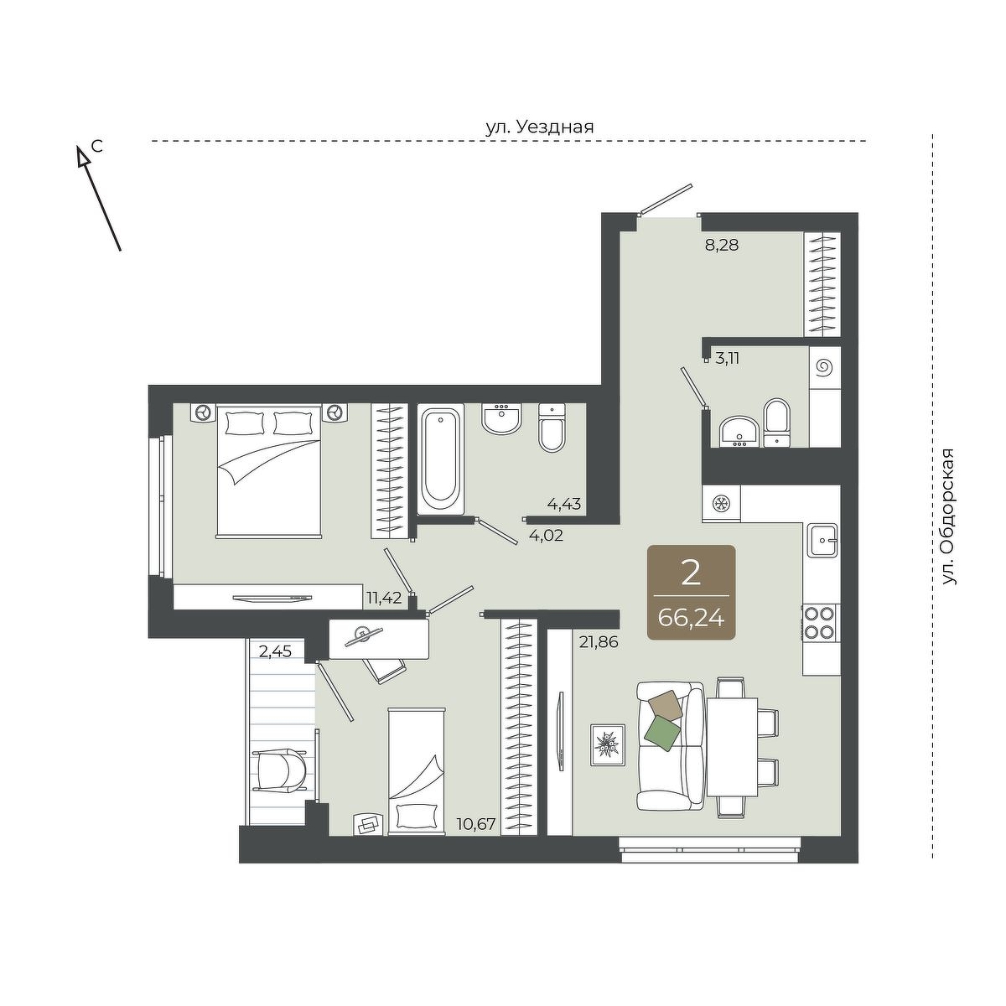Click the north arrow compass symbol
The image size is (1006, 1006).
tap(99, 198)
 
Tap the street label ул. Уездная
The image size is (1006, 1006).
tap(539, 127)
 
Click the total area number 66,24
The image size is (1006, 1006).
tap(691, 620)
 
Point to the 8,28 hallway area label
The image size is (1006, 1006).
tap(722, 245)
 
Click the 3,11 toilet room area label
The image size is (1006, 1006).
tap(727, 358)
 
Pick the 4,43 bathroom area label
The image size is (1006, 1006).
tap(564, 505)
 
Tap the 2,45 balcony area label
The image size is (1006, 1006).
tap(275, 651)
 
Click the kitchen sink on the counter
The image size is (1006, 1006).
tap(822, 541)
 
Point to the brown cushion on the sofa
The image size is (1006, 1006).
tap(666, 706)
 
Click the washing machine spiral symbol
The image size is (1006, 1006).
tap(825, 368)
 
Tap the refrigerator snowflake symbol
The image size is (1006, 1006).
tap(722, 505)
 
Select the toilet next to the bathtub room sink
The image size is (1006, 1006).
tap(552, 428)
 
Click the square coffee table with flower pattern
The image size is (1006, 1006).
tap(608, 744)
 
